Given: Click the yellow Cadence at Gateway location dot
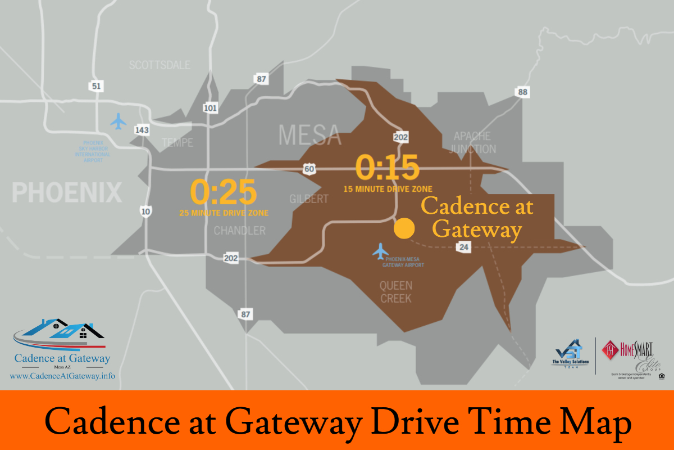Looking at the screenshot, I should tap(404, 229).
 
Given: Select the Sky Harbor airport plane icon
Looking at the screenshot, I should tap(119, 121).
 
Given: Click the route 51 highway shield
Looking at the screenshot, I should tap(95, 85).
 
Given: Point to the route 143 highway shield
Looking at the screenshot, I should tap(142, 130).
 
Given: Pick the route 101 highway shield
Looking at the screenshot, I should tap(210, 107).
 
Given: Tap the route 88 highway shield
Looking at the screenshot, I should tap(523, 92).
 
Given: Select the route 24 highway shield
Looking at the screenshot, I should tap(463, 247).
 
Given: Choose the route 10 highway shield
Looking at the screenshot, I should tap(145, 211).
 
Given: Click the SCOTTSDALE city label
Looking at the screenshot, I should tap(160, 65).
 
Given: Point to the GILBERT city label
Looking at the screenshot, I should tap(308, 199).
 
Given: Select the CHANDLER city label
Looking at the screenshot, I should tap(239, 231).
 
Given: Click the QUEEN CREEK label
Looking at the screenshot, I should tap(395, 292).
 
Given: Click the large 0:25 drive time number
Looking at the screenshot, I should tap(224, 192).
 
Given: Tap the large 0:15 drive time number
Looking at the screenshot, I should tap(388, 168).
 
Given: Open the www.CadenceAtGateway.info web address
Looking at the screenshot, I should tap(62, 375).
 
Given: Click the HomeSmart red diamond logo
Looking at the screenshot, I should tap(611, 350).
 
